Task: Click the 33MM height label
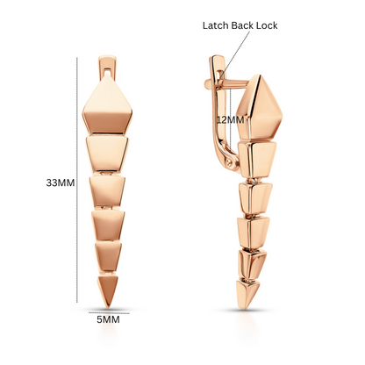pyautogui.click(x=61, y=182)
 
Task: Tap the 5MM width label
pyautogui.click(x=108, y=319)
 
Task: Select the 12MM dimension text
pyautogui.click(x=230, y=119)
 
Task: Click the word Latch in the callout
pyautogui.click(x=215, y=25)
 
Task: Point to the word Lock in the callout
pyautogui.click(x=267, y=25)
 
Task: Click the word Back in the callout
pyautogui.click(x=242, y=25)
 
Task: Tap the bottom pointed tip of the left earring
pyautogui.click(x=108, y=307)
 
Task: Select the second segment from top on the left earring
pyautogui.click(x=107, y=154)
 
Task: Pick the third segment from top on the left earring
pyautogui.click(x=107, y=191)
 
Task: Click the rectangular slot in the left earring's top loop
pyautogui.click(x=107, y=72)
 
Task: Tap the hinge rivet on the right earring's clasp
pyautogui.click(x=231, y=160)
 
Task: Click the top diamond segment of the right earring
pyautogui.click(x=259, y=108)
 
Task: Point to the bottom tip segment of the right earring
pyautogui.click(x=247, y=294)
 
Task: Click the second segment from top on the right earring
pyautogui.click(x=257, y=160)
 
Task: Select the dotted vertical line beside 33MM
pyautogui.click(x=77, y=180)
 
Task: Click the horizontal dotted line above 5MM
pyautogui.click(x=109, y=313)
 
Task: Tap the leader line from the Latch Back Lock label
pyautogui.click(x=236, y=53)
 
